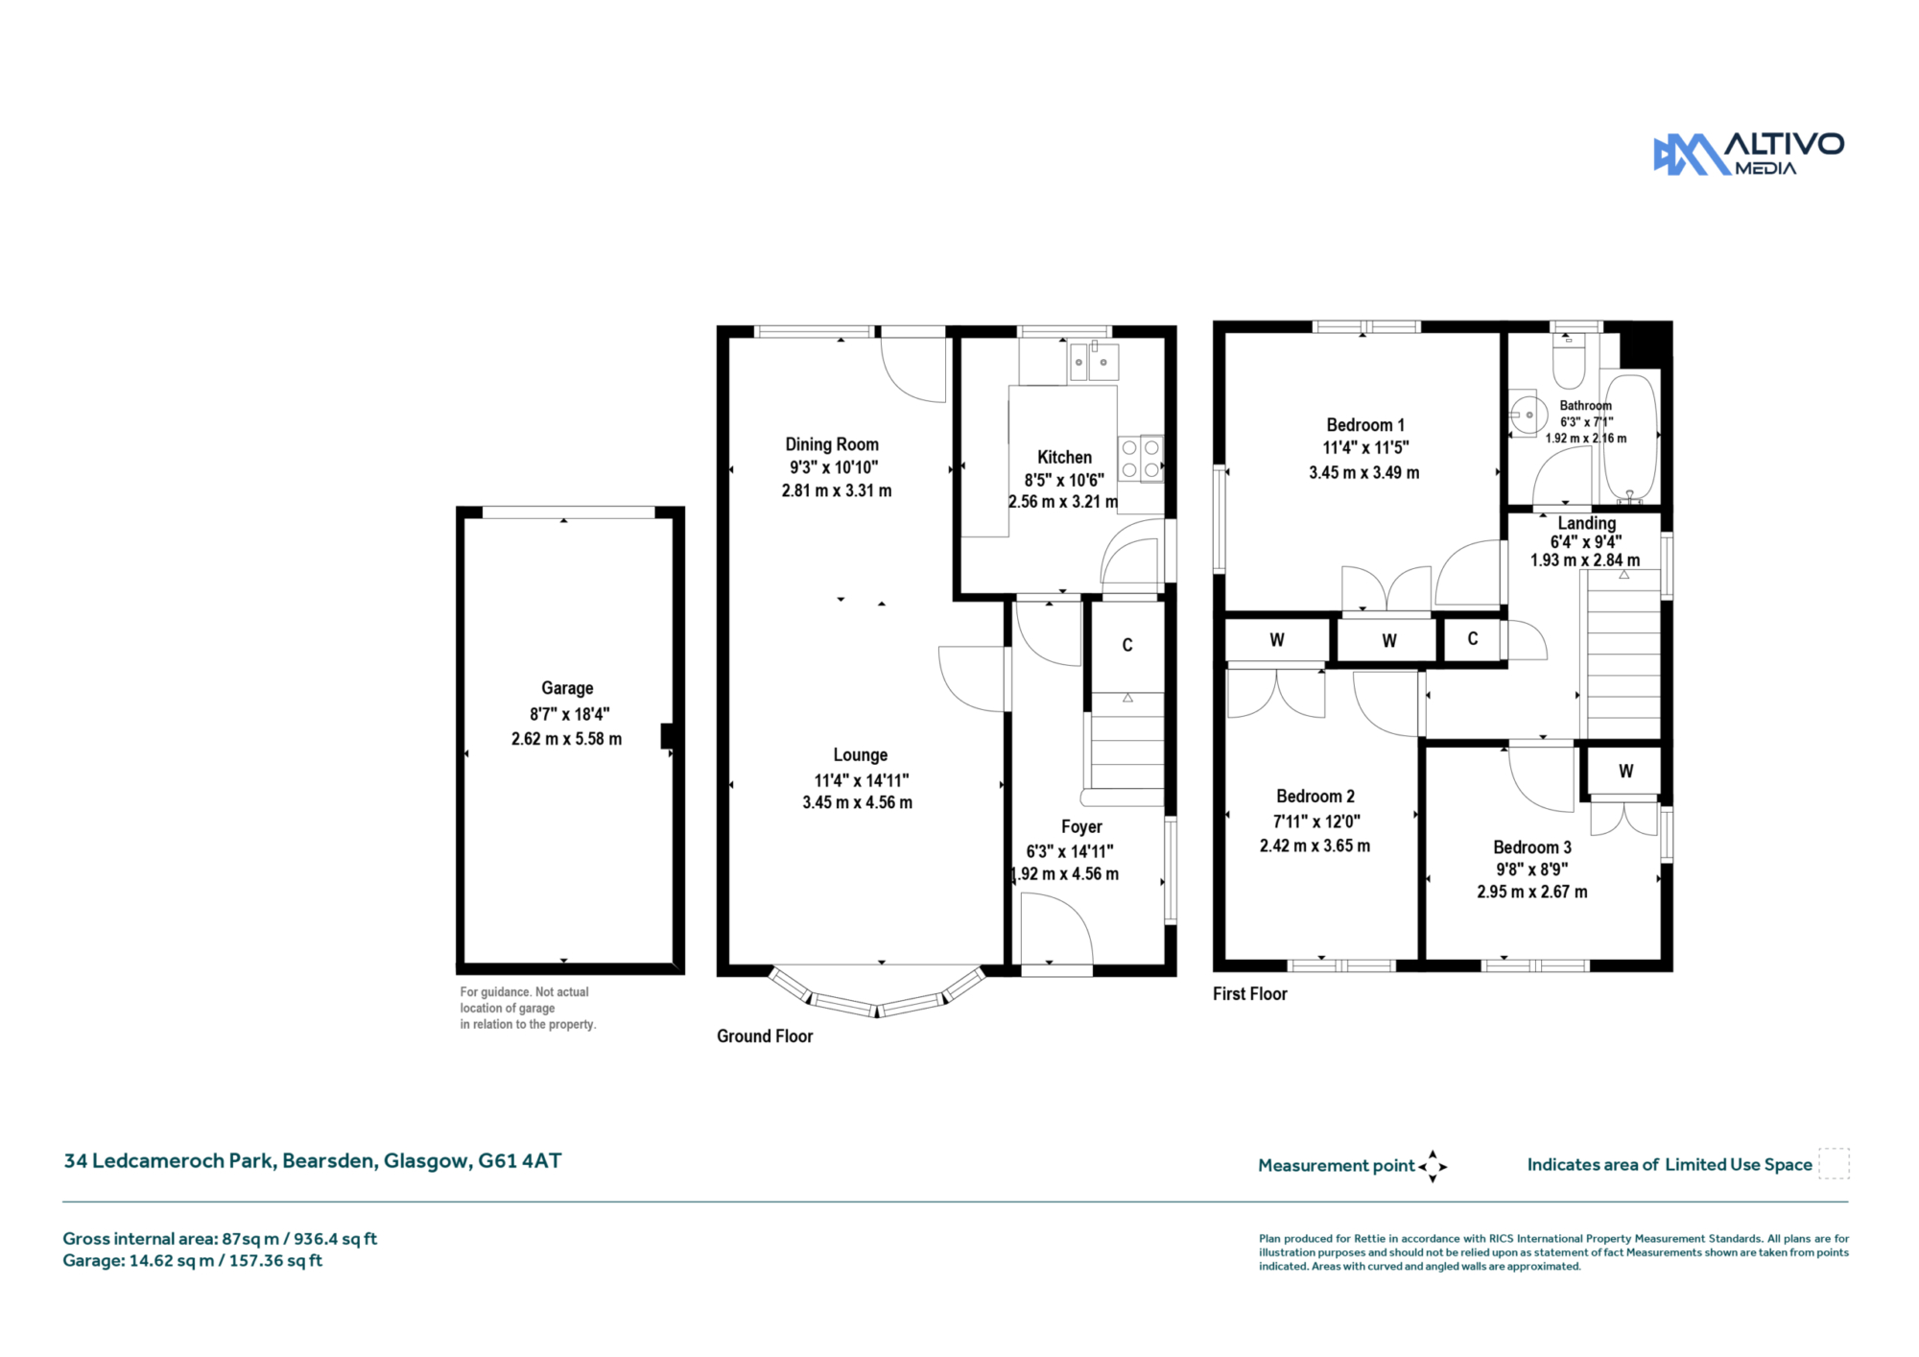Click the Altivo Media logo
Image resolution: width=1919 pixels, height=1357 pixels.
coord(1748,154)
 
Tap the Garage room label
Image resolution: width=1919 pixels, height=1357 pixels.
coord(567,688)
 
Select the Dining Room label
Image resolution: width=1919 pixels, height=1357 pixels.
coord(832,444)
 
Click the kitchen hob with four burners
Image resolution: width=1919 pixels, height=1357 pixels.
coord(1141,459)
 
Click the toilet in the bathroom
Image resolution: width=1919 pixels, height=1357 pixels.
coord(1569,359)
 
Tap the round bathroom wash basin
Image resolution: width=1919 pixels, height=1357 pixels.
coord(1527,415)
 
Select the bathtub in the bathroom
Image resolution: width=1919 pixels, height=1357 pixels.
coord(1630,438)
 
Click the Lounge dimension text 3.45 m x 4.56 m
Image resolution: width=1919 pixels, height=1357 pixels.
coord(858,802)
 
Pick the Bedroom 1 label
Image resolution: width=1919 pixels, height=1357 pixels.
coord(1365,425)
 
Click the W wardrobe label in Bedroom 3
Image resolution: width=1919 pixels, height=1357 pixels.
coord(1625,771)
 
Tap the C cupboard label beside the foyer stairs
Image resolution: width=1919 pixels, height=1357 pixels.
coord(1127,645)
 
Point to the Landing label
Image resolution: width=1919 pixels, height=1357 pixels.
coord(1587,523)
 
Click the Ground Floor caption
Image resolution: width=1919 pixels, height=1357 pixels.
coord(765,1036)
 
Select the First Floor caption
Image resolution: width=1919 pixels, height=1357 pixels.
coord(1250,994)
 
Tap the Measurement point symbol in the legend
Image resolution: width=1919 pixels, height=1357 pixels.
coord(1433,1167)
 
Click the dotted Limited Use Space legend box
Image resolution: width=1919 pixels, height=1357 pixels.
coord(1834,1163)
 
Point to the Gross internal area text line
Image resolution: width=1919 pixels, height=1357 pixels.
coord(220,1239)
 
